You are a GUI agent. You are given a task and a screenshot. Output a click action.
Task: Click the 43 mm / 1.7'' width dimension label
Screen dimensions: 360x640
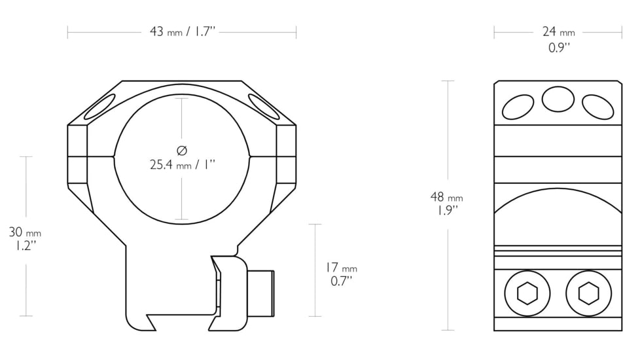click(x=182, y=31)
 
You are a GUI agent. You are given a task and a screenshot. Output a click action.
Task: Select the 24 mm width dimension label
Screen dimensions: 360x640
click(x=558, y=31)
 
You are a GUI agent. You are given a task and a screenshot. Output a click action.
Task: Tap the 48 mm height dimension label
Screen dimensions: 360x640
click(x=447, y=197)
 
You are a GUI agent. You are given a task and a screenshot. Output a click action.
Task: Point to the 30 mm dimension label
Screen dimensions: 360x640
click(x=25, y=232)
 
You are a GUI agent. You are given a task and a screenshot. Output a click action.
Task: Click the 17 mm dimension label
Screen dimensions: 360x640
click(x=341, y=268)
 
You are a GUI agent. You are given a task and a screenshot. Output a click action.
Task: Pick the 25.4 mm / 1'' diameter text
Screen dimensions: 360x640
click(x=183, y=165)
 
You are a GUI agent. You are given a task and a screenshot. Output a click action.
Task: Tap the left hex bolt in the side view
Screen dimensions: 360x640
click(x=527, y=293)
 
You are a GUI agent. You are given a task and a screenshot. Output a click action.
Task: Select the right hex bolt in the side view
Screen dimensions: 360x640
click(x=588, y=293)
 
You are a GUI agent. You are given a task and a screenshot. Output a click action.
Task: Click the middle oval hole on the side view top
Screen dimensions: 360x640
click(x=558, y=99)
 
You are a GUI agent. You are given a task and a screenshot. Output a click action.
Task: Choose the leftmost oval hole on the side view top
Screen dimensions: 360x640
click(x=518, y=107)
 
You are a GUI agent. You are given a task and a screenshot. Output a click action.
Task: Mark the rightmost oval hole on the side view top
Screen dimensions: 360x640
click(x=598, y=107)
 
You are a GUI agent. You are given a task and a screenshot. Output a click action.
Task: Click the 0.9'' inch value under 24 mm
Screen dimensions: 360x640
click(x=558, y=47)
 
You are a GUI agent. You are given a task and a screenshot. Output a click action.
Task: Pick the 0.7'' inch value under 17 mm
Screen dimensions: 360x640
click(x=341, y=281)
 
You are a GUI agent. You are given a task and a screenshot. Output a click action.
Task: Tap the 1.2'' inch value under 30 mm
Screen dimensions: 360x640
click(x=25, y=245)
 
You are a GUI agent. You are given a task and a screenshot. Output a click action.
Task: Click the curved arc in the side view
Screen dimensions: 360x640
click(x=558, y=198)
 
